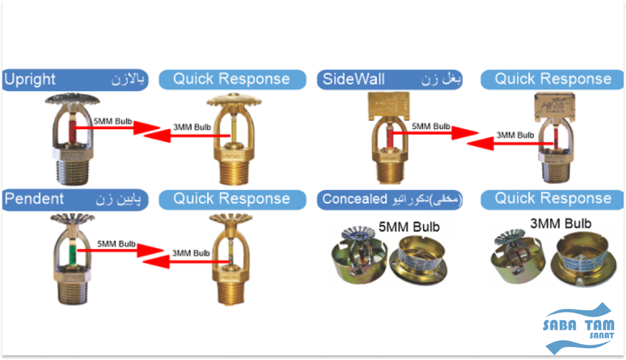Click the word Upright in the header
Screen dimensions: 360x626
30,79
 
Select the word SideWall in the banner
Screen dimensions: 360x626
353,79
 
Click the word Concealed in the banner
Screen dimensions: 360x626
354,199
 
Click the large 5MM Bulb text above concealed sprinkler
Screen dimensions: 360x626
409,227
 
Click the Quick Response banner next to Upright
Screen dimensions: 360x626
231,79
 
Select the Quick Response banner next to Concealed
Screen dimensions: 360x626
553,199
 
